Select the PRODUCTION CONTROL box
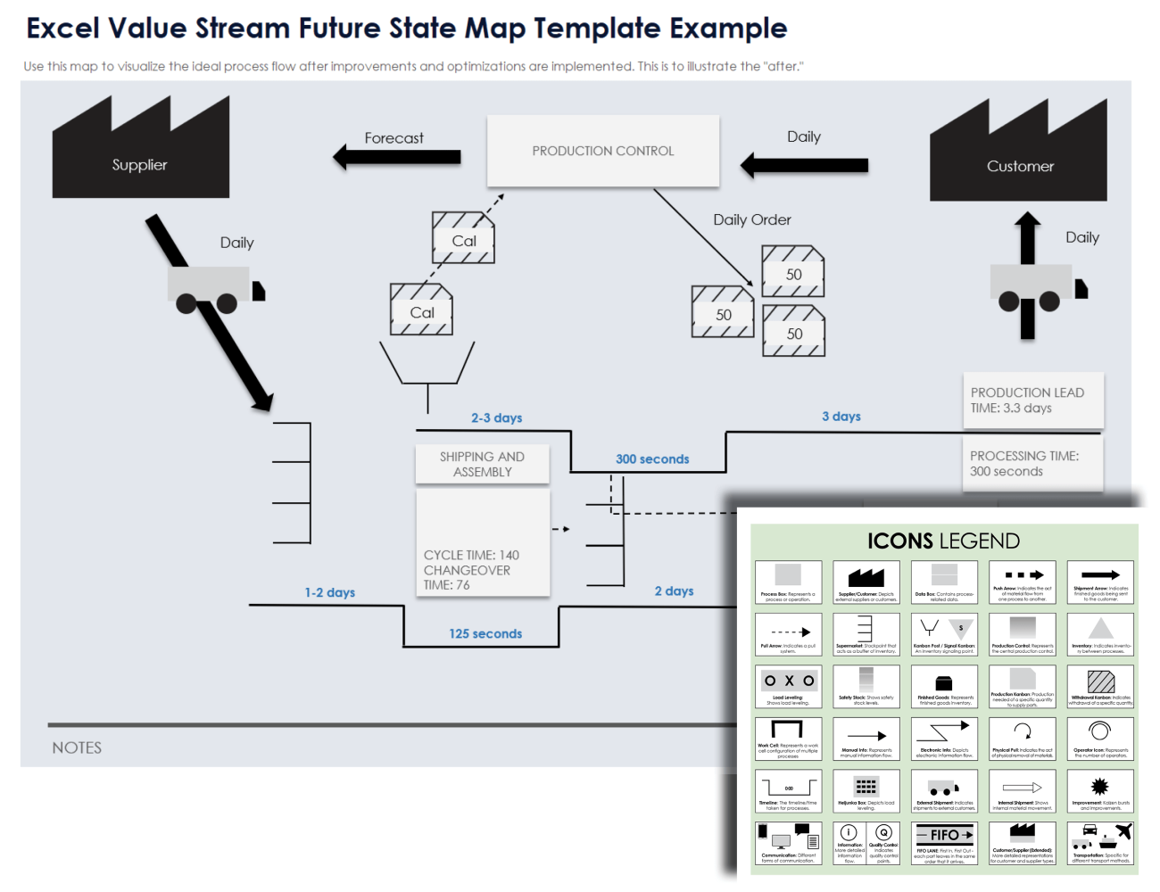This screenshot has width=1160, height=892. [x=602, y=151]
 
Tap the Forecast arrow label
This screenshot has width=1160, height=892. [x=394, y=138]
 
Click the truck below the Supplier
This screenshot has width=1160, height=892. [x=215, y=289]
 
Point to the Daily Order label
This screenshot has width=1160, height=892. [x=751, y=219]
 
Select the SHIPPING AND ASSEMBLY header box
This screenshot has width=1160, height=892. [x=482, y=464]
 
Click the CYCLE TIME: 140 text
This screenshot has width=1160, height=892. [x=471, y=555]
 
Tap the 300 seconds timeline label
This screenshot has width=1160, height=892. [x=652, y=459]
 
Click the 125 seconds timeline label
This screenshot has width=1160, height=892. [x=485, y=633]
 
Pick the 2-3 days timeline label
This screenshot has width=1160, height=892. [x=496, y=417]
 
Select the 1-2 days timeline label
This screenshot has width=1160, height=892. [x=329, y=592]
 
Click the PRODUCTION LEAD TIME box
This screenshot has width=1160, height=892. [x=1032, y=400]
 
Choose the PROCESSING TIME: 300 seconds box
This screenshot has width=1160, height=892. [x=1032, y=463]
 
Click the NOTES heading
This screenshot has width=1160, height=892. [x=77, y=747]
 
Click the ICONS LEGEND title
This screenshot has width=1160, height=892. [x=943, y=541]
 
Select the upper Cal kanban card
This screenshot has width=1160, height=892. [x=463, y=238]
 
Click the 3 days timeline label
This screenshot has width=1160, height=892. [x=841, y=417]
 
